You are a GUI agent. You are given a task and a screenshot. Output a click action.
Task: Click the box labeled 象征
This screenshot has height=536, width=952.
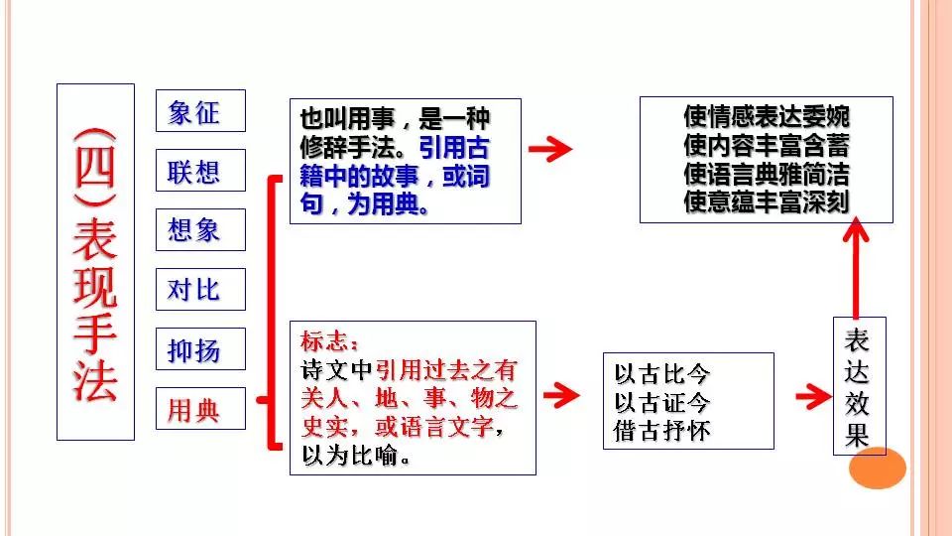coord(200,111)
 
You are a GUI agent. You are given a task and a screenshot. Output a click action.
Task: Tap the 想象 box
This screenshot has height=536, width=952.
coord(200,230)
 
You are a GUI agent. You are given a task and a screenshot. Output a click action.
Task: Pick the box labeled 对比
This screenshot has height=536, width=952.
coord(200,290)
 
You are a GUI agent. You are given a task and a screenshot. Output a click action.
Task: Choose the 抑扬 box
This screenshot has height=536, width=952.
coord(200,349)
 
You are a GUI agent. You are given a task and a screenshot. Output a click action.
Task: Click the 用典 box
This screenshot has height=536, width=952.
coord(200,408)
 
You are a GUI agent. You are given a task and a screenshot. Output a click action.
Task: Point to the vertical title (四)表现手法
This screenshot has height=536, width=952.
coord(95,262)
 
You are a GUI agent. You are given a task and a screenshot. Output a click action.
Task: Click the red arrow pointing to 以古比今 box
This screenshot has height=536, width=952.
coord(561,395)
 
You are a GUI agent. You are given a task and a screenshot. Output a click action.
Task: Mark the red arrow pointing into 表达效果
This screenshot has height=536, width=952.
coord(813,396)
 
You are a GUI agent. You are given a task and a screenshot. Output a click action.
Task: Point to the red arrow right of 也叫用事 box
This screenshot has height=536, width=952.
coord(550,150)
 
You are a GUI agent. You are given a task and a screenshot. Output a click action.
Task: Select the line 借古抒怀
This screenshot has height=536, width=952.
coord(662,430)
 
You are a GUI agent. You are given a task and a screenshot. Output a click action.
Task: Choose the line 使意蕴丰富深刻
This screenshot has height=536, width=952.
coord(767,201)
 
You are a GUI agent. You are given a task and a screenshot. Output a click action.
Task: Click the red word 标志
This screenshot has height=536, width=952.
coord(326,341)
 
